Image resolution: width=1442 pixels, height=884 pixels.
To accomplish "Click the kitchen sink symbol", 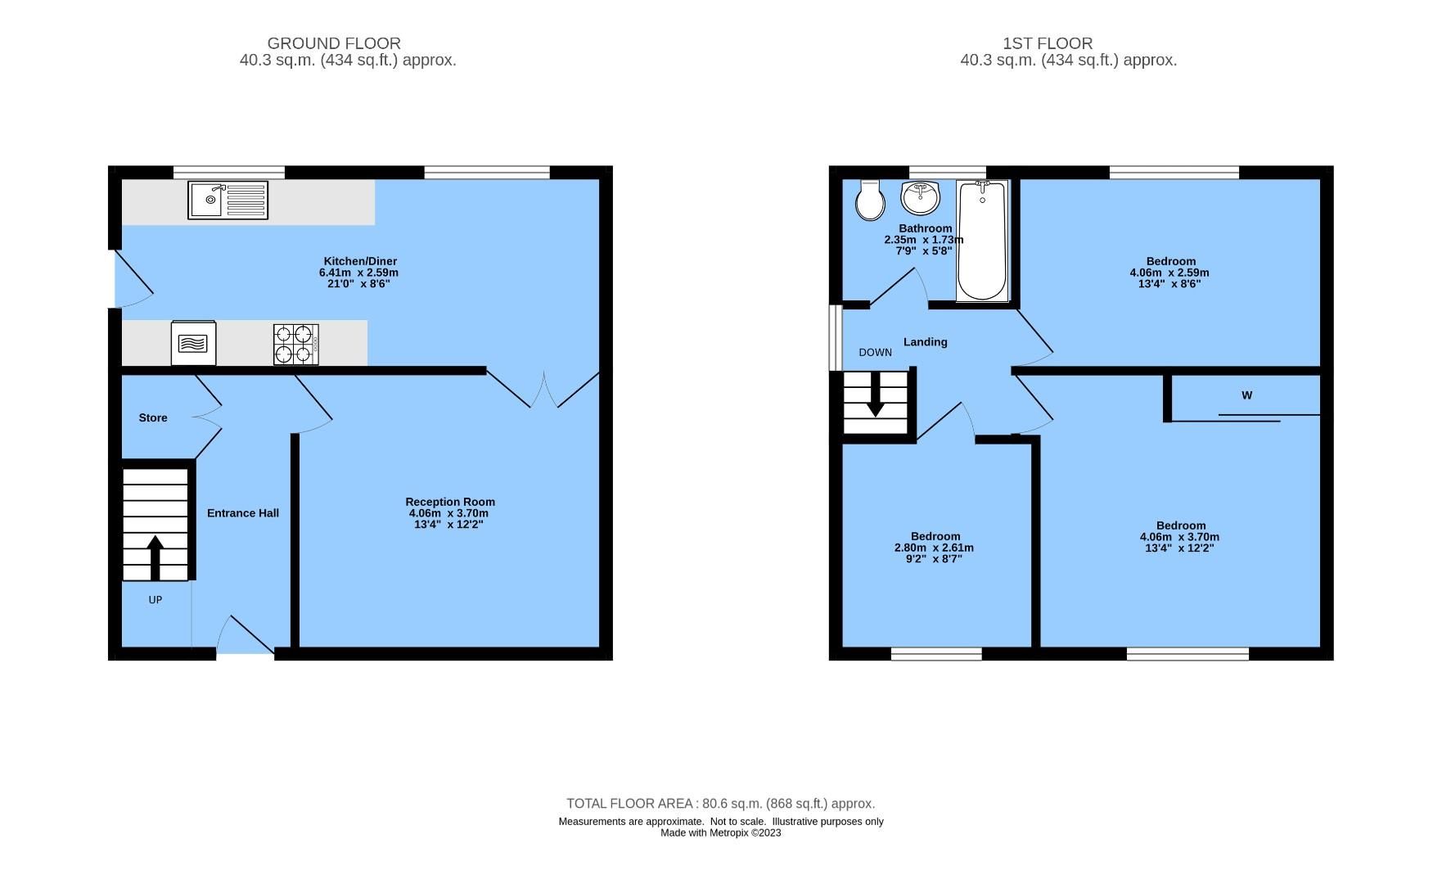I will click(228, 201).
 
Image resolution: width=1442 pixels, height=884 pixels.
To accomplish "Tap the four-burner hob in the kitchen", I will click(295, 345).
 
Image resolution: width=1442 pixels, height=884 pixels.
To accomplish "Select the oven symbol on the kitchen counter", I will click(194, 343).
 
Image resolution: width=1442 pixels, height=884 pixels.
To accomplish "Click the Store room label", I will click(153, 418).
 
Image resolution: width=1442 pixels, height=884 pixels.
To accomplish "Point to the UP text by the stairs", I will click(155, 600).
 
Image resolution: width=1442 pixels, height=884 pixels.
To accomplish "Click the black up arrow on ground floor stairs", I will click(155, 557).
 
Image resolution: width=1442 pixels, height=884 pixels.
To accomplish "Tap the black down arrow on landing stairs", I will click(875, 395).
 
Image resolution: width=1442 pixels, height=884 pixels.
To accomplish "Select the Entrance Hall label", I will click(243, 513).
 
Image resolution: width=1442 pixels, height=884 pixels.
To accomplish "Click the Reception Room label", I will click(450, 502).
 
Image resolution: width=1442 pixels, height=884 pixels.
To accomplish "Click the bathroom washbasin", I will click(921, 197).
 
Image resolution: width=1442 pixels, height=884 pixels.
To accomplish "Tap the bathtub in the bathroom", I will click(982, 241).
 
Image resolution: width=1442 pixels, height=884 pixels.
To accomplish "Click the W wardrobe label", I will click(1246, 395).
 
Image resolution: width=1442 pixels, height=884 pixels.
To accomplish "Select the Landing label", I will click(926, 342).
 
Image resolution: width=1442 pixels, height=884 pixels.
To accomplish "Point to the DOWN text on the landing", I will click(875, 353).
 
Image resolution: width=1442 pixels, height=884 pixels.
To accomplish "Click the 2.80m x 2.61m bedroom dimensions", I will click(934, 548).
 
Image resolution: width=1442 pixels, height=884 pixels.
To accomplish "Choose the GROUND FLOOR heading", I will click(334, 43).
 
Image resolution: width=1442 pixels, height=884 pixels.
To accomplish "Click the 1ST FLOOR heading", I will click(1048, 43).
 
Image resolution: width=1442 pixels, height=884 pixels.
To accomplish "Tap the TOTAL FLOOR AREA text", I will click(720, 804).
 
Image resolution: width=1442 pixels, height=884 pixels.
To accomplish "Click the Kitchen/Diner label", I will click(358, 261).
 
